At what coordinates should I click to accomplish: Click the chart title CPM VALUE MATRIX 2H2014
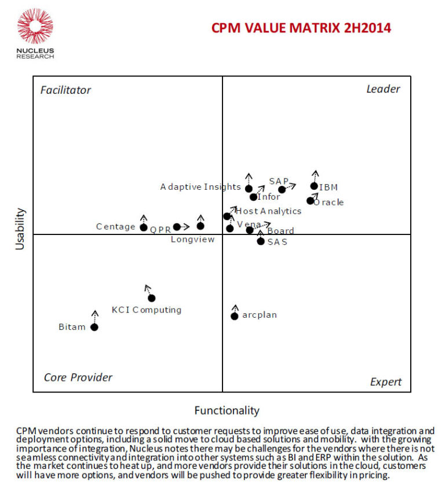click(x=301, y=28)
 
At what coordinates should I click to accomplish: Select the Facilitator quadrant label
click(x=65, y=90)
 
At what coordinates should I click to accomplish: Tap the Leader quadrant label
click(x=383, y=89)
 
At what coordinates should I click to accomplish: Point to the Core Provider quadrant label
click(x=78, y=377)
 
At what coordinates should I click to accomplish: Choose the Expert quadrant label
click(x=385, y=382)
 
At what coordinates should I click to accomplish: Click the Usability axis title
click(x=20, y=229)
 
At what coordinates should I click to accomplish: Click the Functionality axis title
click(x=227, y=410)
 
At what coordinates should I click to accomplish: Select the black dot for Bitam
click(x=94, y=327)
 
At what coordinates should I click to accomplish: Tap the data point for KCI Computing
click(x=152, y=298)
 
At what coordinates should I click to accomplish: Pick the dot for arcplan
click(x=235, y=316)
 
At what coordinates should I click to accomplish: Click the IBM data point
click(x=314, y=186)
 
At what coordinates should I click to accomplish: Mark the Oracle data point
click(x=310, y=201)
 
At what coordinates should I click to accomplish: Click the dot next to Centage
click(x=144, y=227)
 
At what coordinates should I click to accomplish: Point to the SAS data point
click(x=261, y=241)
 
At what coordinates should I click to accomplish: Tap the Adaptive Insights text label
click(x=200, y=187)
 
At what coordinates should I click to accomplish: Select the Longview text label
click(x=192, y=239)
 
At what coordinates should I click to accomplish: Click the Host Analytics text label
click(x=268, y=211)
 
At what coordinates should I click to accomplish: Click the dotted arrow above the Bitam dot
click(x=94, y=316)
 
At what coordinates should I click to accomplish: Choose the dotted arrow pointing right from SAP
click(x=290, y=186)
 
